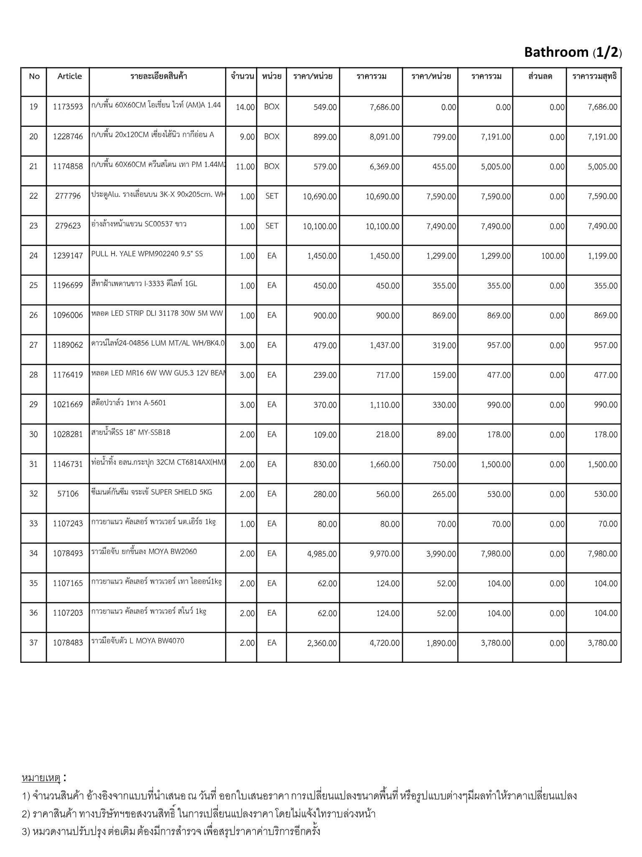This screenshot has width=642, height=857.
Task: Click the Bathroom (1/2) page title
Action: [x=573, y=52]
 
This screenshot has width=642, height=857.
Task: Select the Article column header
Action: [x=69, y=76]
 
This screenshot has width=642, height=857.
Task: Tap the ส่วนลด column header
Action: [x=540, y=76]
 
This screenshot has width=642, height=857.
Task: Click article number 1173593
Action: [x=68, y=107]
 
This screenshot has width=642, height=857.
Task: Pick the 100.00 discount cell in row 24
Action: [x=553, y=256]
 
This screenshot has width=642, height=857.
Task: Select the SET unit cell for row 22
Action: [x=272, y=196]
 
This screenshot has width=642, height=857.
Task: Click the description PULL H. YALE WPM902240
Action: [x=147, y=254]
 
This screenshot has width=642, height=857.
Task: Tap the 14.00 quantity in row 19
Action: [x=245, y=107]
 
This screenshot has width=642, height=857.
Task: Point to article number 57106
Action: [x=68, y=494]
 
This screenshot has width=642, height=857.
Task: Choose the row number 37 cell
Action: [x=33, y=642]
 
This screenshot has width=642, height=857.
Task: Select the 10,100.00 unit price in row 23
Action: [x=320, y=226]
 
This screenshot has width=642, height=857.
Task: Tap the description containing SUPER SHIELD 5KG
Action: [x=152, y=492]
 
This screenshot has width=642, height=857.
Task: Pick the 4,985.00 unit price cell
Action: [x=322, y=554]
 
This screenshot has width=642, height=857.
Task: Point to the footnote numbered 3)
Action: [x=171, y=831]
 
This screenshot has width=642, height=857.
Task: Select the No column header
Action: [x=34, y=76]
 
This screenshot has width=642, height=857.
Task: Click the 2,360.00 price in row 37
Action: [x=322, y=643]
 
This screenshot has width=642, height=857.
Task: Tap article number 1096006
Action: [x=68, y=315]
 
